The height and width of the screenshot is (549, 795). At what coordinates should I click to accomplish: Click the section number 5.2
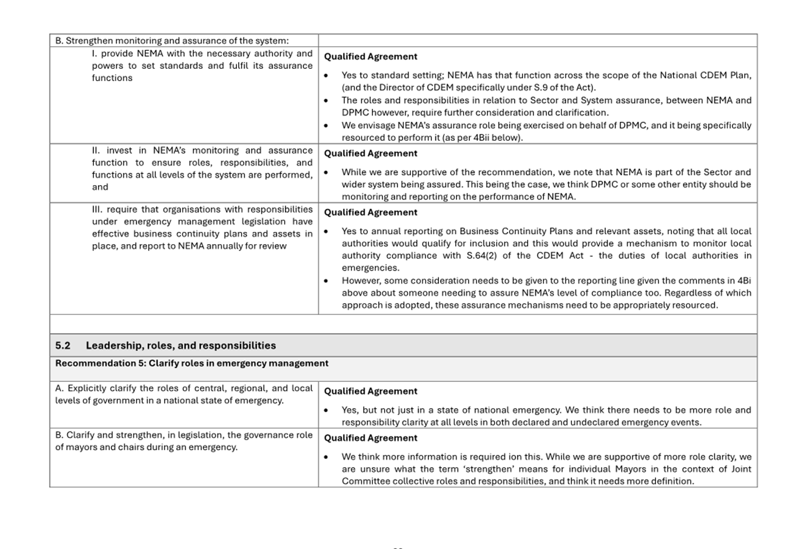click(62, 346)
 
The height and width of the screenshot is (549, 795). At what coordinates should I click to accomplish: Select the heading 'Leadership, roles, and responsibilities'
click(181, 346)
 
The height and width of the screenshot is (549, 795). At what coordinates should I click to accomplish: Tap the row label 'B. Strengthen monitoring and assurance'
click(172, 41)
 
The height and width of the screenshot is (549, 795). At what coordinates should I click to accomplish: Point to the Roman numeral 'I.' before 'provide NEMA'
click(95, 54)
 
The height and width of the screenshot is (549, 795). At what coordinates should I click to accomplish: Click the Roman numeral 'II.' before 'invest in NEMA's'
click(96, 151)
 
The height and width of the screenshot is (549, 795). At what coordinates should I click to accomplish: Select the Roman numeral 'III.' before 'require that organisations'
click(97, 210)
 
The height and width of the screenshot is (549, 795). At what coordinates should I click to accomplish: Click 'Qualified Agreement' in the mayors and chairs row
click(371, 438)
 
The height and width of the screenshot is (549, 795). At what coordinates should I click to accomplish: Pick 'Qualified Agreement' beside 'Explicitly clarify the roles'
click(371, 391)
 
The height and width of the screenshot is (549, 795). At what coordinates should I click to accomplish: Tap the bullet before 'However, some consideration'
click(326, 281)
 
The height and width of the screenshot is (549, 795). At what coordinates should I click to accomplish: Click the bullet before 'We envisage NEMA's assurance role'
click(326, 126)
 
